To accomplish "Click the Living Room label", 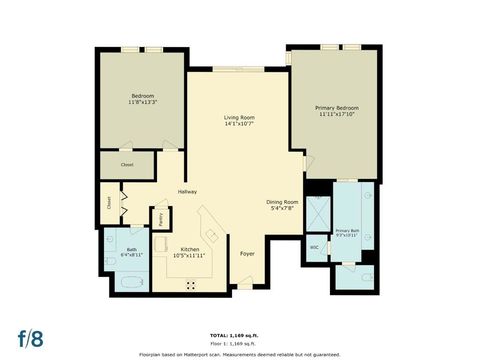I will [x=239, y=118].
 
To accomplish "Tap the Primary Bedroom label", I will [x=337, y=107].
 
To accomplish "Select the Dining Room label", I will [x=283, y=203].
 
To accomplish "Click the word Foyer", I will [x=248, y=253].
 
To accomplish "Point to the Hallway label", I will [x=187, y=191].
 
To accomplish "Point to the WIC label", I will [x=314, y=246].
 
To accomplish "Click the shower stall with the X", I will [x=317, y=213].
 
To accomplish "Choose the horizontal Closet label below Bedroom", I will [x=127, y=164].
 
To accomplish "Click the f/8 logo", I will [x=29, y=333].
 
